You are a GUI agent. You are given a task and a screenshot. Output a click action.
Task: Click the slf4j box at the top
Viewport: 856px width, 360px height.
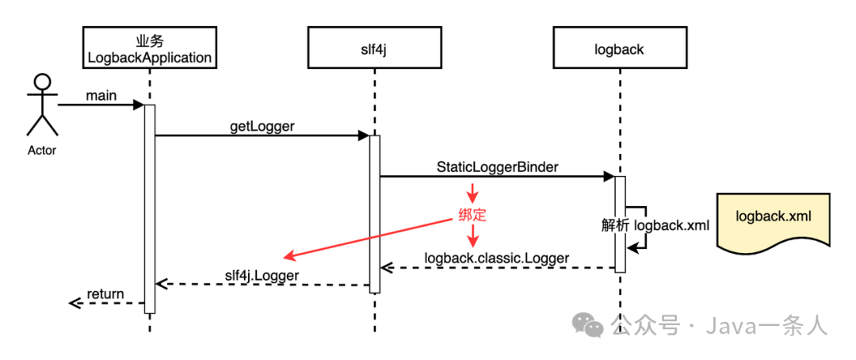tap(375, 49)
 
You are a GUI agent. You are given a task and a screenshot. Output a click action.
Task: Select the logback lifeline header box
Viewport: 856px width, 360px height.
tap(619, 49)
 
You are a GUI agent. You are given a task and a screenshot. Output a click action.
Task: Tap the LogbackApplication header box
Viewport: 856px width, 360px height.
tap(149, 49)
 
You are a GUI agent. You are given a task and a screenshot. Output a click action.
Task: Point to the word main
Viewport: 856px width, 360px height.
tap(101, 96)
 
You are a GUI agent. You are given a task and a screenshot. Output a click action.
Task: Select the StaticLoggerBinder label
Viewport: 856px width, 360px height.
tap(497, 167)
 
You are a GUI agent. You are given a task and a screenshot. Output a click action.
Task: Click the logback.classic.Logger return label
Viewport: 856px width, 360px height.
tap(497, 257)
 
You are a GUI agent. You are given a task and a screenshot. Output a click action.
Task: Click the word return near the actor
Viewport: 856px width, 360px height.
tap(105, 294)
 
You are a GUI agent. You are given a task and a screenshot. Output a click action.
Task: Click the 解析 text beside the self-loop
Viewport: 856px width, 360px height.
tap(615, 225)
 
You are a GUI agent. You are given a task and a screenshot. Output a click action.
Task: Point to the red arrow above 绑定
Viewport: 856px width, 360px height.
tap(473, 193)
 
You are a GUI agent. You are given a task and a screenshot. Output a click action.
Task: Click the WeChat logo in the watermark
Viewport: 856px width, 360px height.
tap(589, 324)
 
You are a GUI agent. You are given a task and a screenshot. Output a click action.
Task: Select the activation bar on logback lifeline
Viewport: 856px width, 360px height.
tap(620, 224)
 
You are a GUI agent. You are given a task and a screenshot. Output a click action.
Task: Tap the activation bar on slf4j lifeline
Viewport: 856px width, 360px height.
tap(375, 214)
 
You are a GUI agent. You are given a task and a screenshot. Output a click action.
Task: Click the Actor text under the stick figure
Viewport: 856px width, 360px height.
tap(42, 150)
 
